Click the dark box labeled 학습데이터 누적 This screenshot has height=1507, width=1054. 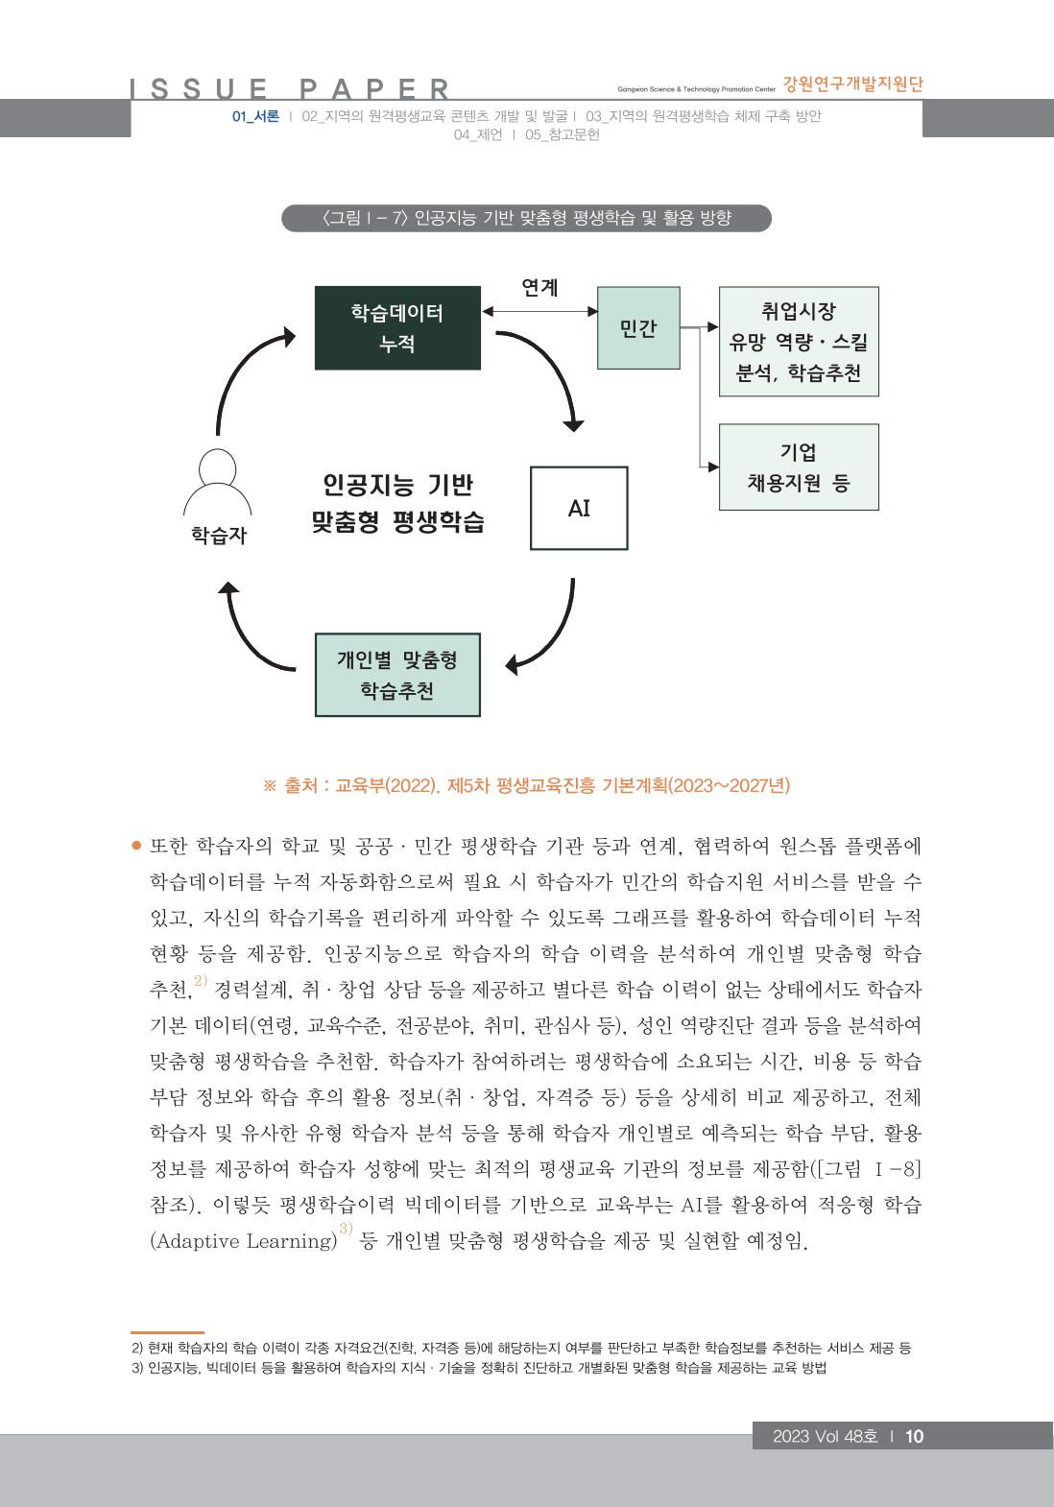tap(397, 327)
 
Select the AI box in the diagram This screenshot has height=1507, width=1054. tap(579, 508)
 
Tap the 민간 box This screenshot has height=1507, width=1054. tap(638, 328)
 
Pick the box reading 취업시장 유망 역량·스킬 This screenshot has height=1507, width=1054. tap(799, 342)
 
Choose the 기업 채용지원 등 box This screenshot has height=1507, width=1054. tap(799, 467)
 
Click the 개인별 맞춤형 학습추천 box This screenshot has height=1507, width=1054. tap(397, 675)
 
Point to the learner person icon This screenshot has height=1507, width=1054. tap(218, 483)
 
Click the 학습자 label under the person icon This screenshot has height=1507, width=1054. tap(219, 536)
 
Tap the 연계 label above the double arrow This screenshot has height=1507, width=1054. tap(539, 287)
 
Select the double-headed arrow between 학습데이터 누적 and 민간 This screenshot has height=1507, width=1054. tap(539, 311)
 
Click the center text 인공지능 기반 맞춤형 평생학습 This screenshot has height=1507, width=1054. tap(397, 503)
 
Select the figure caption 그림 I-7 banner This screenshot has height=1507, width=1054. tap(526, 218)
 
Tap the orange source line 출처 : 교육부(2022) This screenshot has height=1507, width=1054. tap(526, 785)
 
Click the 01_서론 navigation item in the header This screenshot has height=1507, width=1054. tap(255, 116)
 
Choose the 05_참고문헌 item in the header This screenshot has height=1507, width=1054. tap(563, 134)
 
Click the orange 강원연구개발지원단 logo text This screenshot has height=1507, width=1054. tap(852, 84)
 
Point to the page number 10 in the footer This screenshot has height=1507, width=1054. tap(914, 1436)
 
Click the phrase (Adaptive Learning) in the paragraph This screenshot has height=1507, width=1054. tap(244, 1241)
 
